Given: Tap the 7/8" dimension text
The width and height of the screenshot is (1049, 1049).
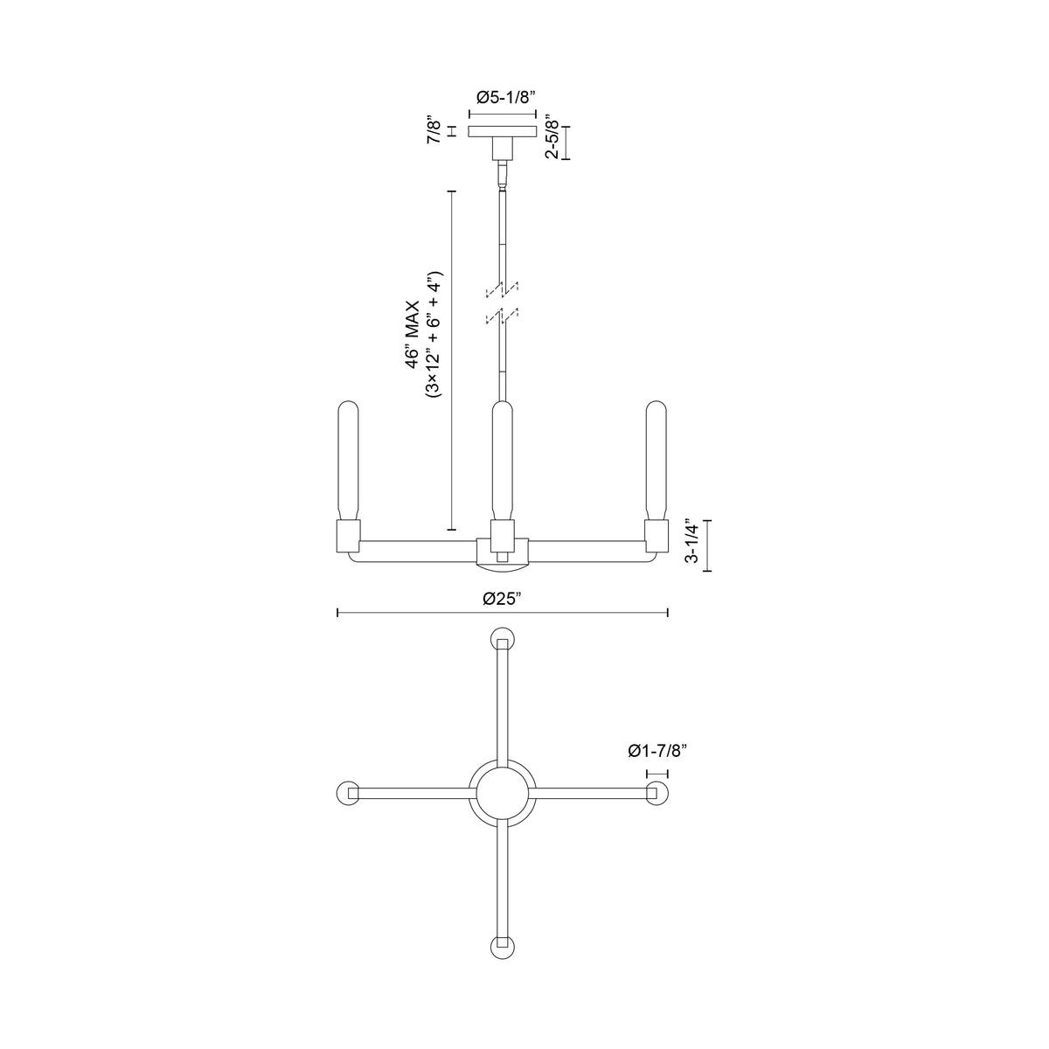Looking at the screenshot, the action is tap(434, 129).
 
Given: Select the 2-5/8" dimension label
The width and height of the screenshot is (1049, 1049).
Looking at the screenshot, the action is tap(552, 136).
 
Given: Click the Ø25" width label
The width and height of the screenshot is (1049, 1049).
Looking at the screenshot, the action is tap(503, 599).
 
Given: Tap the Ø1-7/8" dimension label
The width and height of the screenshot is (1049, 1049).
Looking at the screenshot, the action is tap(657, 751).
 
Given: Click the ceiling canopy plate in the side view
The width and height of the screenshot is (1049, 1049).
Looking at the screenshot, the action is tap(502, 131).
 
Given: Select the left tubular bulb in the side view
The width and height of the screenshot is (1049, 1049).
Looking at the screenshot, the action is tap(348, 461).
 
